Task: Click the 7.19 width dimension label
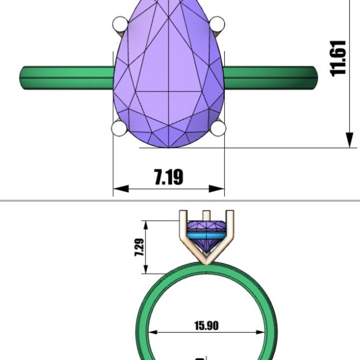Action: [169, 177]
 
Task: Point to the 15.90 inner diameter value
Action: [207, 325]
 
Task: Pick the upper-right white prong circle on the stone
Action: [218, 23]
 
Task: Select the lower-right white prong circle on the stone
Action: [218, 129]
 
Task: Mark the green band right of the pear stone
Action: [270, 77]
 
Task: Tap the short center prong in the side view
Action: [206, 215]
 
